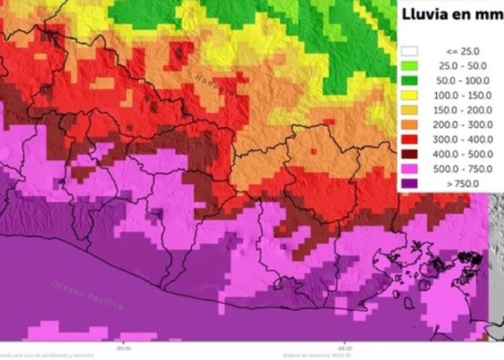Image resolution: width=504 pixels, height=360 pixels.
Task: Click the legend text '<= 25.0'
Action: tap(461, 51)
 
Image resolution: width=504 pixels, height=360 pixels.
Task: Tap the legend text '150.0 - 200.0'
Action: tap(461, 110)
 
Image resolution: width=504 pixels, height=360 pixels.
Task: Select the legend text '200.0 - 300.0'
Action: tap(461, 125)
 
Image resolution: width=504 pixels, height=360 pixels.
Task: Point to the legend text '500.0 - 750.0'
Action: tap(461, 169)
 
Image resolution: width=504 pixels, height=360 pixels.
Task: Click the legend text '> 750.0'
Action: tap(461, 183)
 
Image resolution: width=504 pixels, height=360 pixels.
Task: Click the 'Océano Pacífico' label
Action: tap(87, 294)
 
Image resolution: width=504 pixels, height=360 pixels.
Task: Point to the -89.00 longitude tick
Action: tap(123, 349)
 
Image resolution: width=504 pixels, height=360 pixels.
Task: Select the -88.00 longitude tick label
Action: tap(344, 349)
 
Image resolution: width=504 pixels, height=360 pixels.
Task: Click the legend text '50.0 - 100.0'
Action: tap(461, 81)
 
